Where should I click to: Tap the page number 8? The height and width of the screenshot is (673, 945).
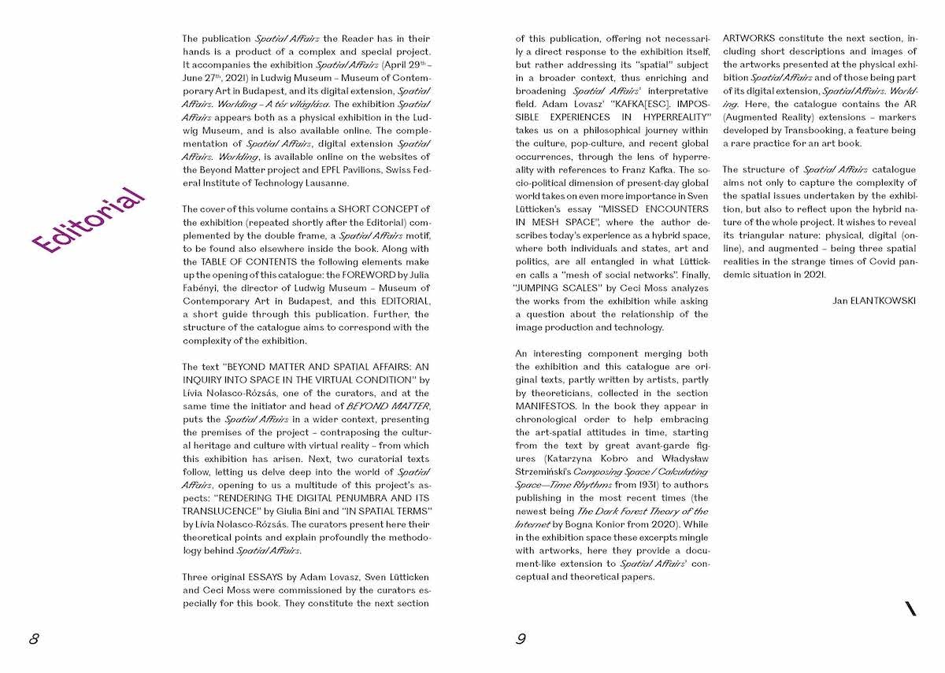34,638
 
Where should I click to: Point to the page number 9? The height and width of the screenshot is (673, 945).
521,638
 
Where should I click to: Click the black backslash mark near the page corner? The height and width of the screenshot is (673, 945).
911,608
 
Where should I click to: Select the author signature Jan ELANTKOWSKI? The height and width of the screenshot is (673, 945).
874,301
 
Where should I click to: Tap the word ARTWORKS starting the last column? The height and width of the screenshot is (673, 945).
749,38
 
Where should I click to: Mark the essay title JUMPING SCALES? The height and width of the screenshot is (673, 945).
558,287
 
